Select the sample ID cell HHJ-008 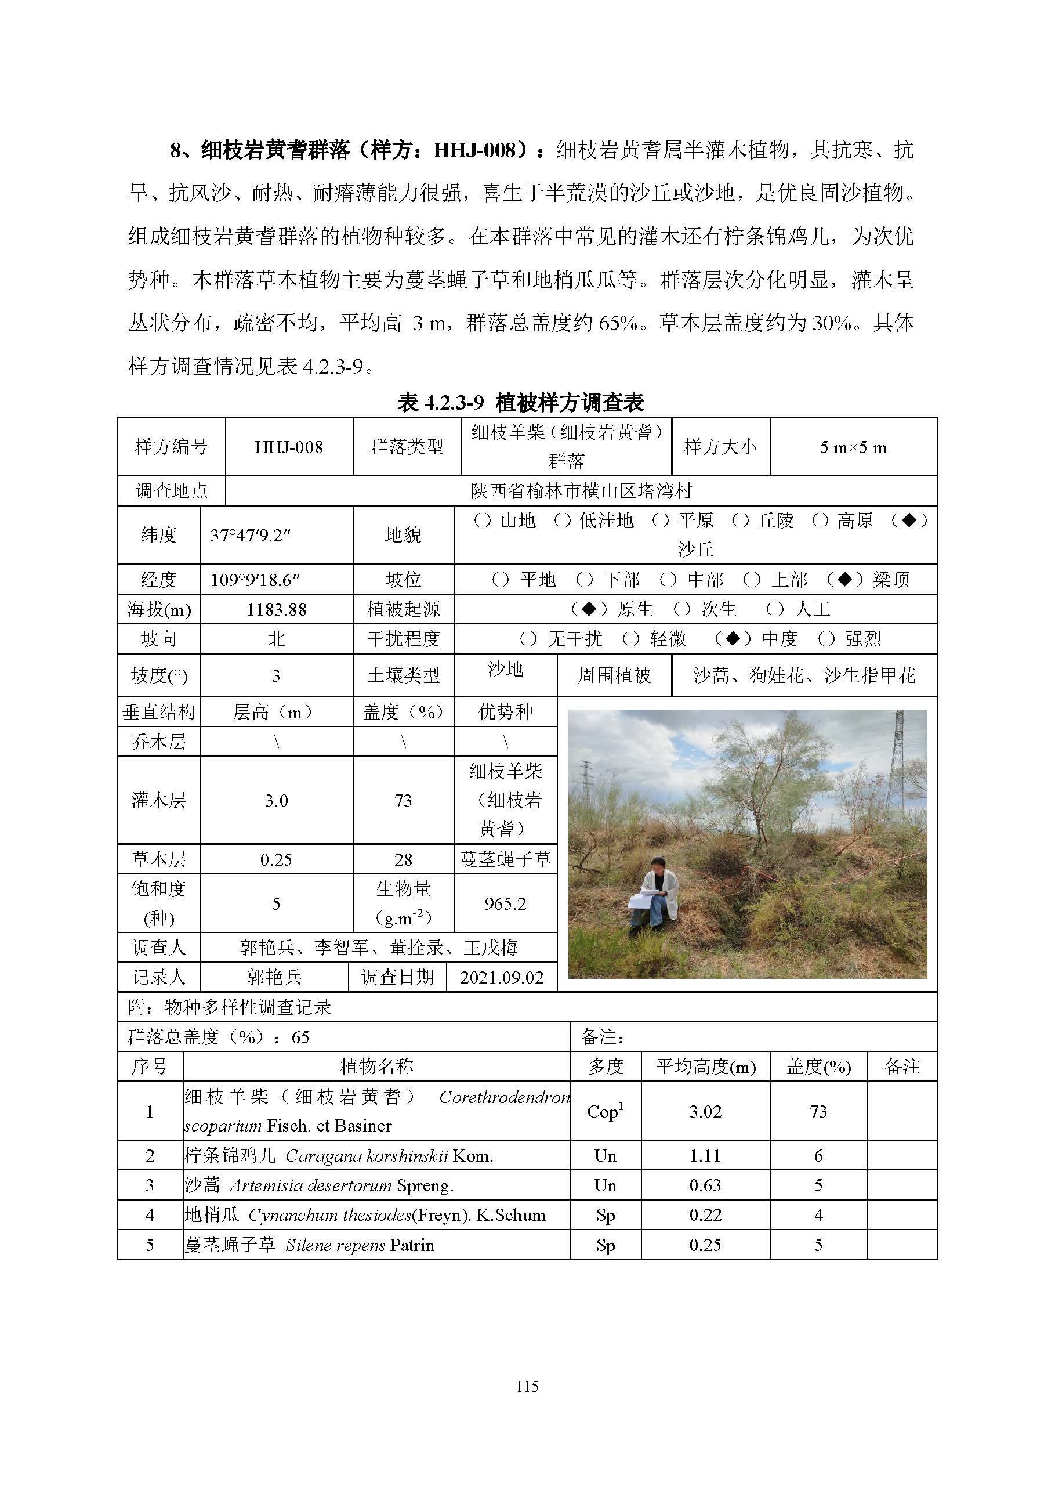pyautogui.click(x=289, y=447)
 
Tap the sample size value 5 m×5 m pyautogui.click(x=853, y=447)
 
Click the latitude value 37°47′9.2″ pyautogui.click(x=250, y=535)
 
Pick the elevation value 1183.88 pyautogui.click(x=276, y=609)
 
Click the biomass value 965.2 pyautogui.click(x=505, y=903)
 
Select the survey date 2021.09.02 pyautogui.click(x=501, y=977)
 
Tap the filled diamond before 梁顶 pyautogui.click(x=844, y=579)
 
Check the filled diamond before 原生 pyautogui.click(x=589, y=609)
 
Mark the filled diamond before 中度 pyautogui.click(x=733, y=638)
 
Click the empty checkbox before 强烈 pyautogui.click(x=826, y=638)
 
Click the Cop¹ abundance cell pyautogui.click(x=605, y=1111)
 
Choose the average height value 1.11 pyautogui.click(x=705, y=1155)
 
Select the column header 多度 pyautogui.click(x=605, y=1067)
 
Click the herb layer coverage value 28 pyautogui.click(x=403, y=859)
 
